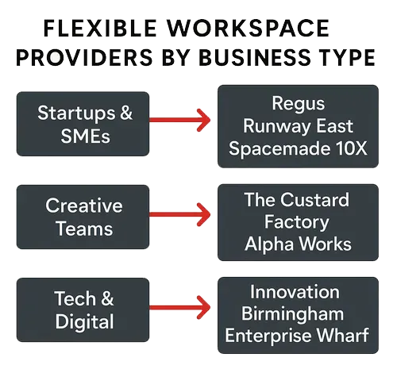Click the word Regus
298,104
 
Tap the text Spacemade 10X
298,148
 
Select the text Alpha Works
298,242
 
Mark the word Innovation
298,291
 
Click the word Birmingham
298,313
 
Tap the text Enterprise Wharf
298,336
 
